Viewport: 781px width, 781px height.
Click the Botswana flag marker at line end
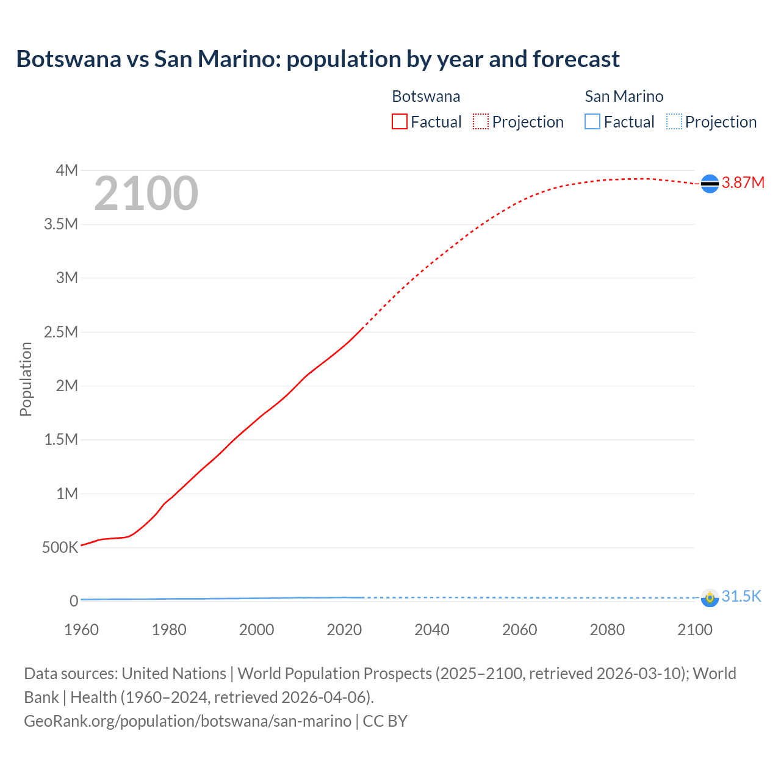[710, 183]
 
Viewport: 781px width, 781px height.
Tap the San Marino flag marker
[710, 597]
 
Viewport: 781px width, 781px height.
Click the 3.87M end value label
[743, 183]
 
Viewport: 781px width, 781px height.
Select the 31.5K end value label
[741, 597]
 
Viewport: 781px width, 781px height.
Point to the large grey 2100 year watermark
[146, 193]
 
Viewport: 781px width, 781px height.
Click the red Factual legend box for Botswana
[399, 122]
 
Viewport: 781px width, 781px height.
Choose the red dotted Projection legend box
[481, 122]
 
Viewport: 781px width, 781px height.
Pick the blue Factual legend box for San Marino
[592, 122]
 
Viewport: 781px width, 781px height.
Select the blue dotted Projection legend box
[674, 122]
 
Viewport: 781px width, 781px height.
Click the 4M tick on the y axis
[67, 170]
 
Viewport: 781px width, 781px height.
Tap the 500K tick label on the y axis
[60, 547]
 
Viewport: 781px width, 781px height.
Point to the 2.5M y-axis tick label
[61, 332]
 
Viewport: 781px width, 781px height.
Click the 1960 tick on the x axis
[81, 630]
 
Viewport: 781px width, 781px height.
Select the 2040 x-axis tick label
[432, 630]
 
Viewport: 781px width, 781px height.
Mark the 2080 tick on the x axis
[607, 630]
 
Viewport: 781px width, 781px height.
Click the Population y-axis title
[26, 379]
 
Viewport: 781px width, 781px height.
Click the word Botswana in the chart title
[68, 59]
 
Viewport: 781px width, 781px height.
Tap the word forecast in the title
[576, 59]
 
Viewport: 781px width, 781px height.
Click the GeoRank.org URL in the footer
[187, 721]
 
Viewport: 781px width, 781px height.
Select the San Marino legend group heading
[624, 96]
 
